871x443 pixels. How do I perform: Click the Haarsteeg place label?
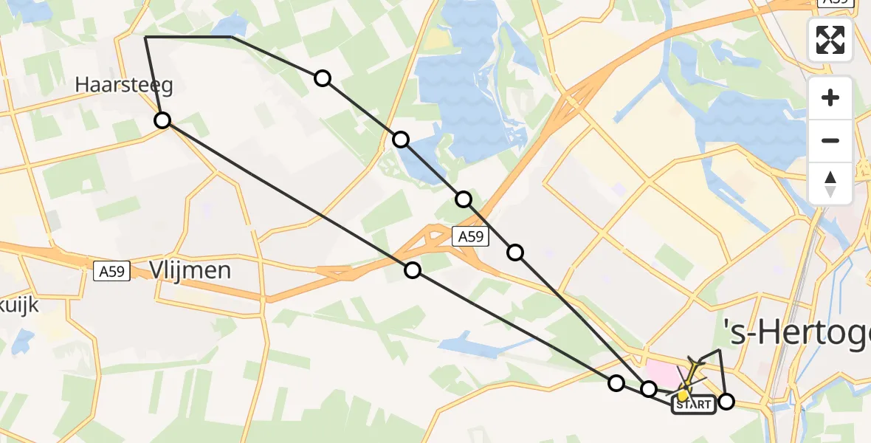tap(124, 86)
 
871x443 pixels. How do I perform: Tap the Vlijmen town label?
tap(190, 270)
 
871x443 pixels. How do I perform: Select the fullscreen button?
tap(830, 40)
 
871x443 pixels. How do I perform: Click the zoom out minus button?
tap(830, 140)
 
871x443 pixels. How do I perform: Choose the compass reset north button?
tap(830, 183)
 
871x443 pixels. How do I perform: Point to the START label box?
tap(693, 405)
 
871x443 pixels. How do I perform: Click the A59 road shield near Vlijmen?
tap(112, 272)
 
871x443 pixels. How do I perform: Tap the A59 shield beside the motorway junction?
tap(470, 236)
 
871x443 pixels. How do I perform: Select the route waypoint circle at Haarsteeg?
tap(162, 120)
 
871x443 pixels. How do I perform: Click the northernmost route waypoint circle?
tap(323, 78)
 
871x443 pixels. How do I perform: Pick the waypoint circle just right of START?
tap(726, 402)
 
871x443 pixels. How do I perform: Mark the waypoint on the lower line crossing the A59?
tap(413, 270)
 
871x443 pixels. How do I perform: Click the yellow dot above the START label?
tap(684, 395)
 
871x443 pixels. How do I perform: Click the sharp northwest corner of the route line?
tap(146, 37)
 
